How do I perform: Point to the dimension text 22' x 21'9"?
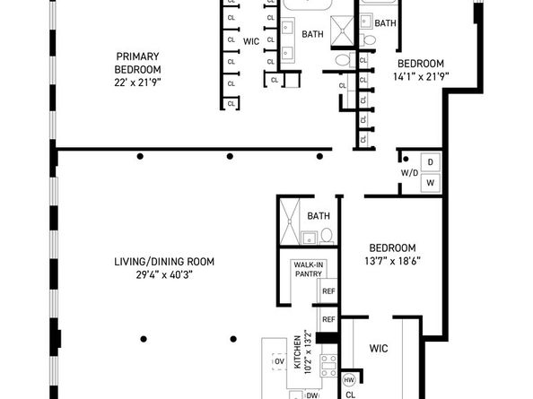(x=137, y=82)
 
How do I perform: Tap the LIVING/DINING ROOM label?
(x=164, y=262)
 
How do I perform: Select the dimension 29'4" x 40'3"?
(x=164, y=275)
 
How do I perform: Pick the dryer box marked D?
(x=431, y=162)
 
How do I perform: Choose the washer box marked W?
(x=431, y=182)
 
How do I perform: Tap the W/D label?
(x=408, y=172)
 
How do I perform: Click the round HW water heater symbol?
(x=349, y=380)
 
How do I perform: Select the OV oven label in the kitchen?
(x=279, y=361)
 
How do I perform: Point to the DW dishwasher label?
(x=312, y=395)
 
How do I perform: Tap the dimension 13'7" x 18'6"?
(x=393, y=261)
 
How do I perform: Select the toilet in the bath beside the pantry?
(x=327, y=236)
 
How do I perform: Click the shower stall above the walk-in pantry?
(x=289, y=221)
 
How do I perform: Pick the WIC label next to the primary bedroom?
(x=252, y=40)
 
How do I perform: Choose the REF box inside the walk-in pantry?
(x=328, y=291)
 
